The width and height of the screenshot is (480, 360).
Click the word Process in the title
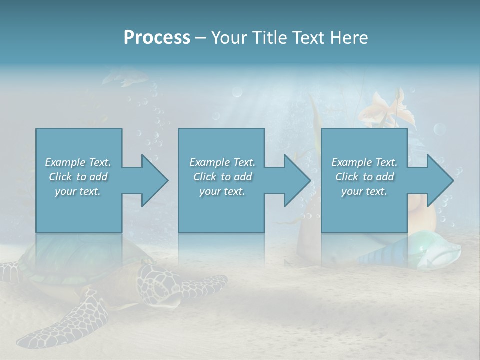click(x=157, y=38)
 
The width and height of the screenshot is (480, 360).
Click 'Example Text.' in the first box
click(x=78, y=162)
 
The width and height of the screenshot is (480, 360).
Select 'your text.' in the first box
click(x=78, y=191)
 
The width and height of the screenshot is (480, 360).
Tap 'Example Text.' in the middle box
click(x=222, y=162)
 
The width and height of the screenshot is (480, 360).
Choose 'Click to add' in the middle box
click(x=222, y=177)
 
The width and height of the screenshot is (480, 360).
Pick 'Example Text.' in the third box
click(x=364, y=162)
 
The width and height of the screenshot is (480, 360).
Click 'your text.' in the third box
click(x=364, y=191)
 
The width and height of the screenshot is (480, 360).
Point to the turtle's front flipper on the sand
click(x=70, y=320)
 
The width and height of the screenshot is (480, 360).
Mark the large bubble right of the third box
click(x=439, y=130)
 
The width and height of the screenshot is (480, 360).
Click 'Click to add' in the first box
click(x=78, y=177)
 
